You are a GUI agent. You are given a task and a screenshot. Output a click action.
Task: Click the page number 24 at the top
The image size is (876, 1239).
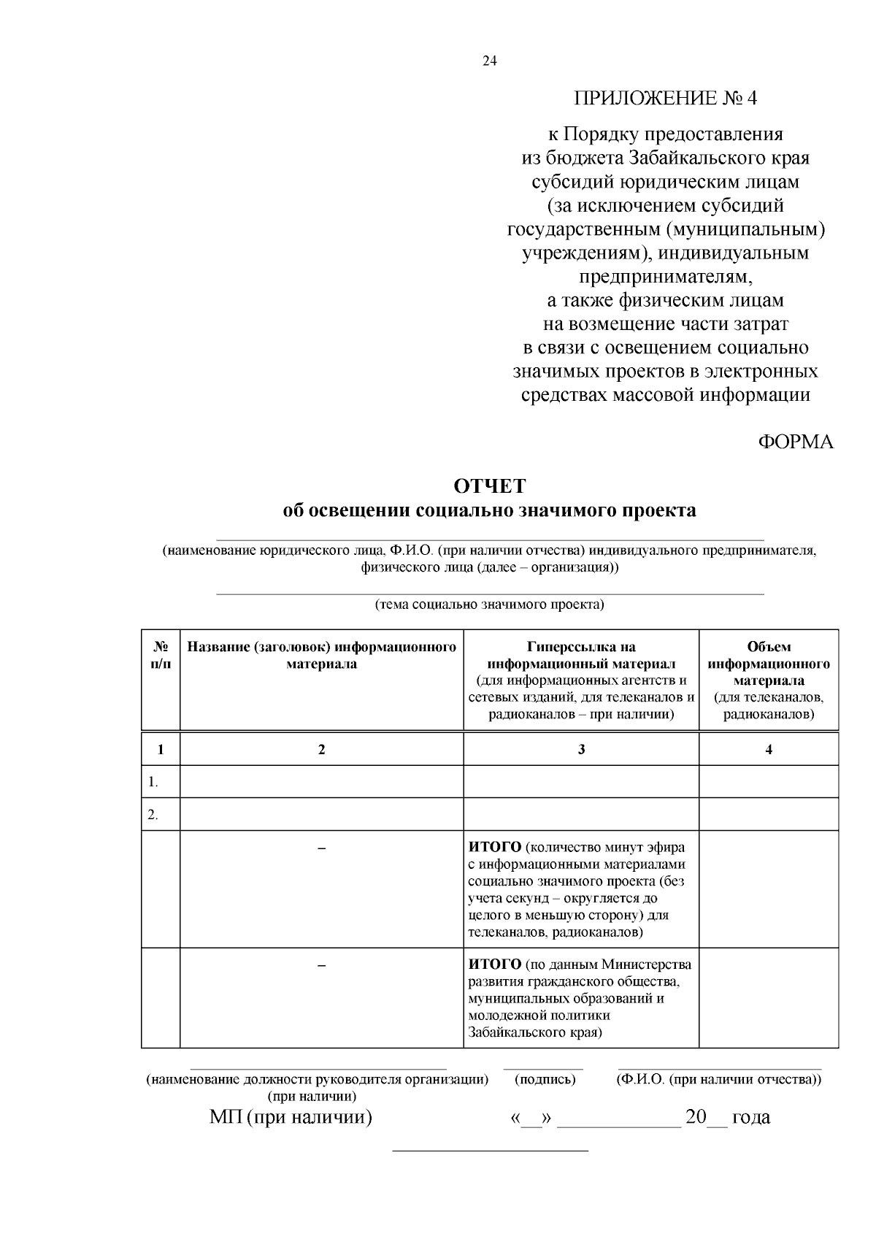point(489,61)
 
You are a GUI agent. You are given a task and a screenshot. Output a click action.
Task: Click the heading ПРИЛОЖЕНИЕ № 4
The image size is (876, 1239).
point(666,98)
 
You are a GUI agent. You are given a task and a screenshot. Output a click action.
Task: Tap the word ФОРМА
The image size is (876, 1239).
point(795,442)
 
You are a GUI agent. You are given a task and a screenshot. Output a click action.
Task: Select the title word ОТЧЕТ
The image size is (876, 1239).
point(489,486)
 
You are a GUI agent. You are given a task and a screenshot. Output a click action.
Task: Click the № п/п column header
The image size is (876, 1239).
point(161,655)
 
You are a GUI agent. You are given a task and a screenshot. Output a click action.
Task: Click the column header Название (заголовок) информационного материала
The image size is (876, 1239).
point(321,655)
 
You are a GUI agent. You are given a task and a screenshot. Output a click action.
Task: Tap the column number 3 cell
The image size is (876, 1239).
point(581,749)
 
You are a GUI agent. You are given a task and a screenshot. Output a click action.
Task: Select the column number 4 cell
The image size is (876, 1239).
point(769,749)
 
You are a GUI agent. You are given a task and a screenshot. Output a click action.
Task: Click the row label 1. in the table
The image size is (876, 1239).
point(153,782)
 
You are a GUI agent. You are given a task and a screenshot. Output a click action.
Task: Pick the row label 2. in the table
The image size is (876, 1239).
point(153,815)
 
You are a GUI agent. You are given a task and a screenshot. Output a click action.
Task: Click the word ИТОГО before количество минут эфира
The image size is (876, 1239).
point(495,848)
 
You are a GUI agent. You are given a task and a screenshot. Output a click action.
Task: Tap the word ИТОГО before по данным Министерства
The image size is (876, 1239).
point(495,965)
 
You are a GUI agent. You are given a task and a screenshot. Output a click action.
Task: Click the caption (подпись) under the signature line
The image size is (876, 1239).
point(545,1079)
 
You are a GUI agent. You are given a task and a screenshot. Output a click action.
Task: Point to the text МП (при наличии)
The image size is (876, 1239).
point(291,1117)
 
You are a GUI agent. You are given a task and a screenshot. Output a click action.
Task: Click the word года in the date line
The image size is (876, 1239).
point(750,1117)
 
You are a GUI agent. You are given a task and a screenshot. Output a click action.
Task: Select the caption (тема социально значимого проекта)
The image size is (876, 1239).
point(489,605)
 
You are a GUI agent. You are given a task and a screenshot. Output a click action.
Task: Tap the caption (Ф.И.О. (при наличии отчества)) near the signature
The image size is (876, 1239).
point(719,1079)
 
